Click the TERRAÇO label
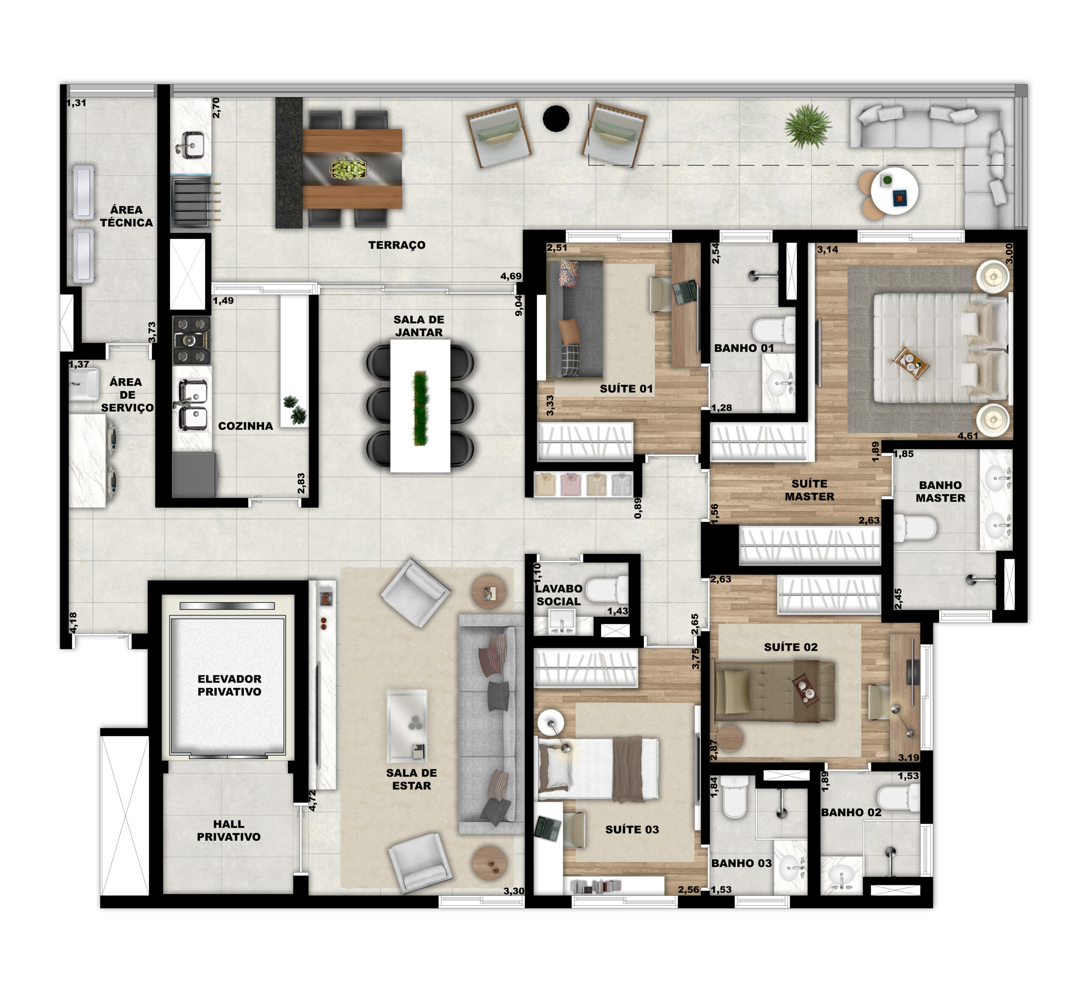point(397,245)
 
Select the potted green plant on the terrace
point(808,126)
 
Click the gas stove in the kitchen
point(191,340)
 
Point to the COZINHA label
point(245,426)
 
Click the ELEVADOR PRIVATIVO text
point(229,685)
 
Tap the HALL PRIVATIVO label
point(228,830)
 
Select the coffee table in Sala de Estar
point(407,726)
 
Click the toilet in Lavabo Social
point(606,589)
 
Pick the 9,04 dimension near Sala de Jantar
point(518,305)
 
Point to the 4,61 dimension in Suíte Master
point(968,436)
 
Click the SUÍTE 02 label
point(790,647)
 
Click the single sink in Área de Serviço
point(83,384)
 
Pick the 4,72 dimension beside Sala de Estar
point(312,800)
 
